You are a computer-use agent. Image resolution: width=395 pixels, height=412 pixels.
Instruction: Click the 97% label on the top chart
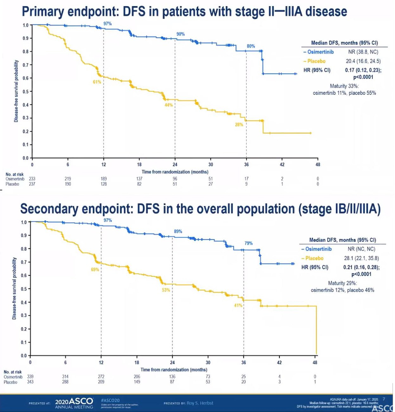[x=108, y=24]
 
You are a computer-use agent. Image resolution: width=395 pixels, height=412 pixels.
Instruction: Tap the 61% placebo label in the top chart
[x=97, y=82]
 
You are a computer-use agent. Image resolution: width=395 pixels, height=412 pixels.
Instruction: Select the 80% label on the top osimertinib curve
[x=251, y=46]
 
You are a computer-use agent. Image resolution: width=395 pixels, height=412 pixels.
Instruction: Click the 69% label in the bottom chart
[x=95, y=269]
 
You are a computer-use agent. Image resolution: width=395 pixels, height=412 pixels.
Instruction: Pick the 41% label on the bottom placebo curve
[x=238, y=305]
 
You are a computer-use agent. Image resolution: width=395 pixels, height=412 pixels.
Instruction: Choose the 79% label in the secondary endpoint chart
[x=249, y=243]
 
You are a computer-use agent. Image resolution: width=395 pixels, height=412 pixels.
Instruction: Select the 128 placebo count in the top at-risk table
[x=103, y=184]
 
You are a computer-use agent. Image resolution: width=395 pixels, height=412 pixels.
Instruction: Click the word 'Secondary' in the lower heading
[x=49, y=210]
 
